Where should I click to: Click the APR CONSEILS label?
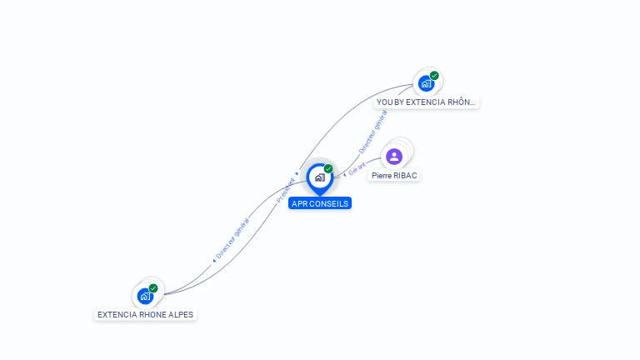pyautogui.click(x=320, y=203)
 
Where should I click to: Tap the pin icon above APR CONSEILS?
pyautogui.click(x=319, y=177)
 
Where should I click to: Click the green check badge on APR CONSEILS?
pyautogui.click(x=328, y=169)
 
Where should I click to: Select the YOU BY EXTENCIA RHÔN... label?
pyautogui.click(x=426, y=102)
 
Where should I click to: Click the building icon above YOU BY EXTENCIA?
pyautogui.click(x=426, y=83)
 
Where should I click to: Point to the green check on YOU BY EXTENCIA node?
pyautogui.click(x=434, y=76)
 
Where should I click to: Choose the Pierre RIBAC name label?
pyautogui.click(x=394, y=176)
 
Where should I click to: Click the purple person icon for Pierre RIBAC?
pyautogui.click(x=394, y=156)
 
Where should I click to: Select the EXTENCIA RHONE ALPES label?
pyautogui.click(x=146, y=315)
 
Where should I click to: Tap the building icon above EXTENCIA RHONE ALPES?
pyautogui.click(x=146, y=296)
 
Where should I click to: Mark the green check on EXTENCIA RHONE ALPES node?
pyautogui.click(x=153, y=288)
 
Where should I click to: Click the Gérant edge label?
pyautogui.click(x=357, y=169)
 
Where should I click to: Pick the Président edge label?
pyautogui.click(x=285, y=191)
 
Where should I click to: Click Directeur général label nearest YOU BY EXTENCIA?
pyautogui.click(x=372, y=132)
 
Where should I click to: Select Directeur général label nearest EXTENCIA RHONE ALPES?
pyautogui.click(x=232, y=238)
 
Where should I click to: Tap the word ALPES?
pyautogui.click(x=182, y=315)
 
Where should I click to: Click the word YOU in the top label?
pyautogui.click(x=384, y=102)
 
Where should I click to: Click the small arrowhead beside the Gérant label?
pyautogui.click(x=345, y=175)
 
